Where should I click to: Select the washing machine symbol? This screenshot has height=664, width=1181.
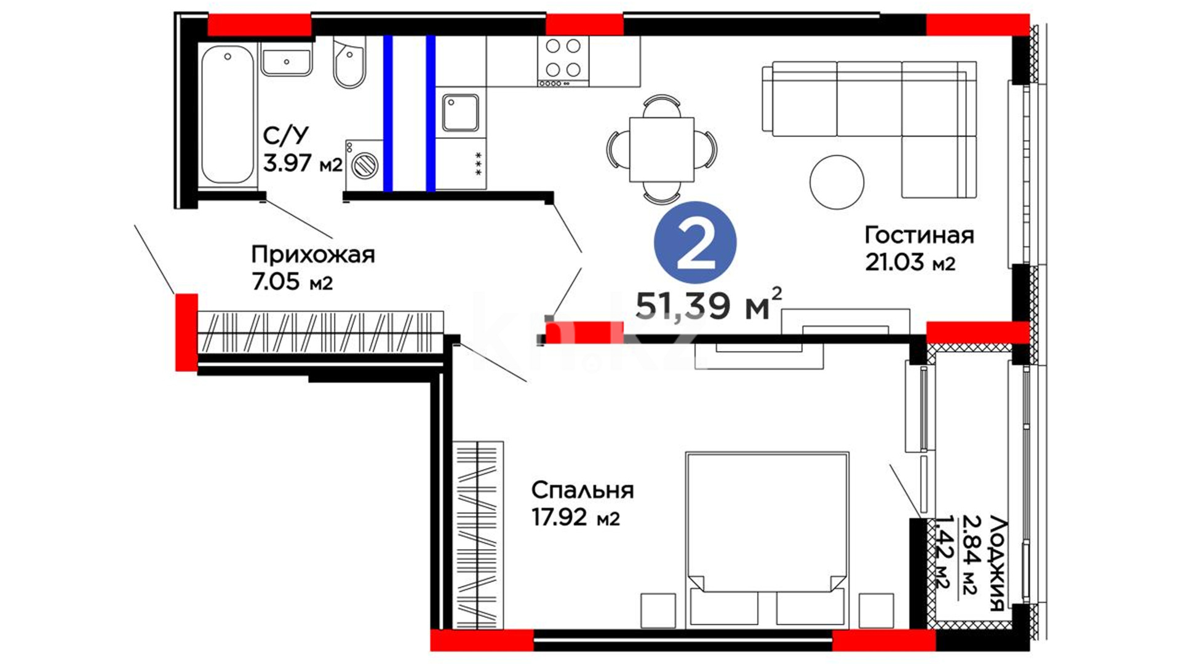pyautogui.click(x=364, y=165)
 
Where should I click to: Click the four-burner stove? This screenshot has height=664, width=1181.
pyautogui.click(x=563, y=61)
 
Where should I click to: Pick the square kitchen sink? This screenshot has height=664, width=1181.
pyautogui.click(x=460, y=113)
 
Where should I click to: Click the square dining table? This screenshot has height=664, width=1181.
pyautogui.click(x=661, y=149)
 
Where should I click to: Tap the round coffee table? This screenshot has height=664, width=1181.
pyautogui.click(x=837, y=182)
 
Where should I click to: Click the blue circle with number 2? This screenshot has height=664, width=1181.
pyautogui.click(x=695, y=243)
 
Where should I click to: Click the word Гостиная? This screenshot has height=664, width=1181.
pyautogui.click(x=919, y=235)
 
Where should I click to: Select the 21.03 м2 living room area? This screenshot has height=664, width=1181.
pyautogui.click(x=910, y=263)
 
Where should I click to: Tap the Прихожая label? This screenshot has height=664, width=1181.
pyautogui.click(x=312, y=255)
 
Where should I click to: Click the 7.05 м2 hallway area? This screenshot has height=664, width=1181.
pyautogui.click(x=292, y=282)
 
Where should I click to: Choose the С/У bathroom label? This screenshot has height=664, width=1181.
pyautogui.click(x=286, y=135)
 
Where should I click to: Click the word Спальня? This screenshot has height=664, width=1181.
pyautogui.click(x=582, y=490)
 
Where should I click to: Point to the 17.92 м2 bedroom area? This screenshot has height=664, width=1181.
pyautogui.click(x=575, y=518)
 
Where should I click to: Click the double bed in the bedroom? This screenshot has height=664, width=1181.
pyautogui.click(x=767, y=540)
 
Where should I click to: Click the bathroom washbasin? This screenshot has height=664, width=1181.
pyautogui.click(x=286, y=60)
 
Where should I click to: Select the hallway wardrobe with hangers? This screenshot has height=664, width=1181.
pyautogui.click(x=320, y=332)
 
